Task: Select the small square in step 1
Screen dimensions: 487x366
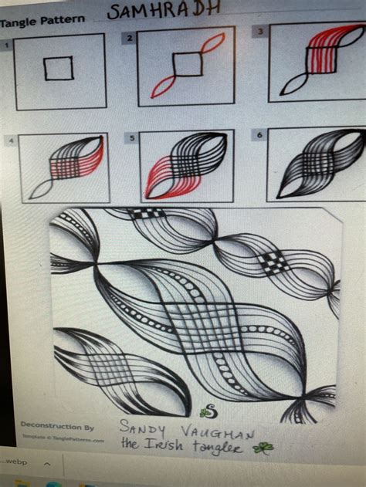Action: pyautogui.click(x=59, y=69)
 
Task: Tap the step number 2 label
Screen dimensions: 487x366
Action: pyautogui.click(x=130, y=37)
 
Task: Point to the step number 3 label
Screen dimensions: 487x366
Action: pyautogui.click(x=261, y=32)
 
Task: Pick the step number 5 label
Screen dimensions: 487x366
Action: pyautogui.click(x=132, y=138)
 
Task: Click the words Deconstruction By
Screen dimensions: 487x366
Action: pyautogui.click(x=56, y=425)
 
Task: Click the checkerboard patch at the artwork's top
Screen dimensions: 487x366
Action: pyautogui.click(x=147, y=214)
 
